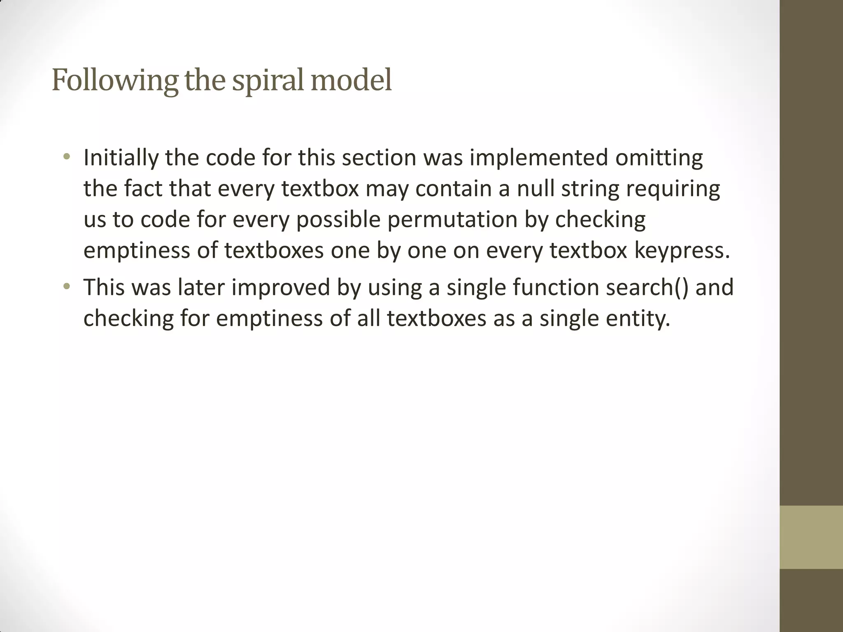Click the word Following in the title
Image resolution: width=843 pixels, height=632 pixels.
point(115,80)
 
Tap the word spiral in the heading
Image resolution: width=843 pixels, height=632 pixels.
point(268,80)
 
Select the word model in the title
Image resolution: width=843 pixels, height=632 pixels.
point(351,80)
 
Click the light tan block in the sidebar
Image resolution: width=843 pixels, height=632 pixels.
point(811,537)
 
